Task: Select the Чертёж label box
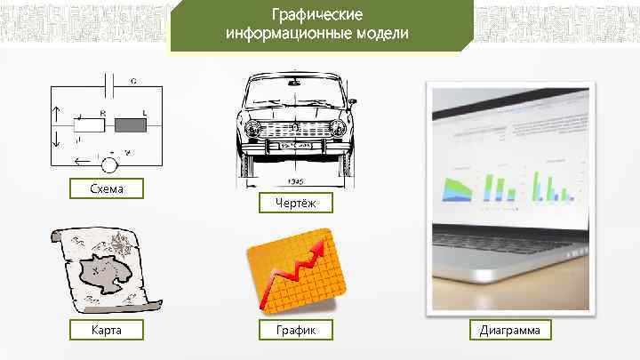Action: (291, 204)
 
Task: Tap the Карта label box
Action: (107, 331)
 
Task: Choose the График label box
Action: (291, 331)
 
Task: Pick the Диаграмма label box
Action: (515, 331)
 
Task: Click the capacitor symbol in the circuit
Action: (109, 87)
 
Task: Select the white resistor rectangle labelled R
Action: (91, 124)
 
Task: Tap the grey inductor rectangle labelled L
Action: (130, 124)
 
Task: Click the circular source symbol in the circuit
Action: (110, 164)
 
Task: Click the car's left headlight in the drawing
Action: (254, 130)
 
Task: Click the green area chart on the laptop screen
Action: (458, 188)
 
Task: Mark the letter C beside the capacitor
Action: (133, 80)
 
